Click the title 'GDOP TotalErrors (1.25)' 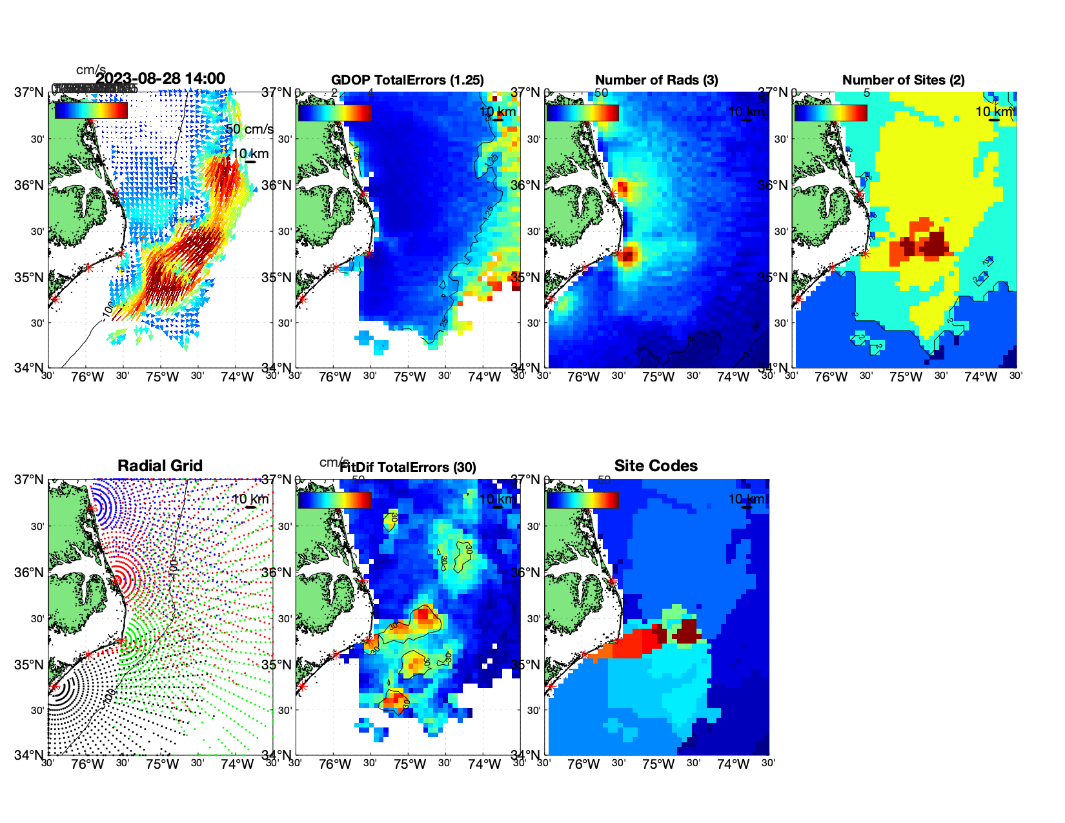407,80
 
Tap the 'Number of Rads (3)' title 656,80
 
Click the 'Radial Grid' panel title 160,466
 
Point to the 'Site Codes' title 656,466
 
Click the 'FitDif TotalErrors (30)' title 408,467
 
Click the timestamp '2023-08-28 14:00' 161,79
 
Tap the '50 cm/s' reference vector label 249,129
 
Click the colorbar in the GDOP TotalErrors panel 334,112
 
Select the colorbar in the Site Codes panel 582,500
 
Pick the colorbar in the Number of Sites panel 831,112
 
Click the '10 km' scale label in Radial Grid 249,499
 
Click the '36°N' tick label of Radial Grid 28,573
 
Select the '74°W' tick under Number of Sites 980,377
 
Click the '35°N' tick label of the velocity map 28,278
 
